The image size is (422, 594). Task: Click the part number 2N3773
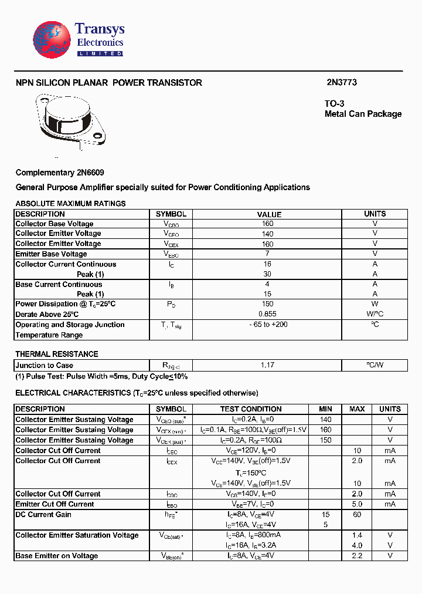[x=342, y=83]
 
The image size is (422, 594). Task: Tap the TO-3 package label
[x=334, y=104]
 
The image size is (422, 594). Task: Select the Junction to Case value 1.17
[x=267, y=365]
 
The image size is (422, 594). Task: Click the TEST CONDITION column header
[x=251, y=409]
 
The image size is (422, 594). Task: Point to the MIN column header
[x=325, y=409]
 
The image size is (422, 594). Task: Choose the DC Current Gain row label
[x=43, y=515]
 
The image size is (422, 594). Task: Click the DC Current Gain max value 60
[x=357, y=515]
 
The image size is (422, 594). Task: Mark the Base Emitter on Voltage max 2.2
[x=357, y=556]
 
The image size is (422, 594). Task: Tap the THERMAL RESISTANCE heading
[x=56, y=354]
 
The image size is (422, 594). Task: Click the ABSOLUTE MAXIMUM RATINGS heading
[x=70, y=204]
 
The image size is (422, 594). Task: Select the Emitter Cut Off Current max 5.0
[x=357, y=504]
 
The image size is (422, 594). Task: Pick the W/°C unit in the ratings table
[x=375, y=315]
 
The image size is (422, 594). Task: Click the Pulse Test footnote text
[x=101, y=376]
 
